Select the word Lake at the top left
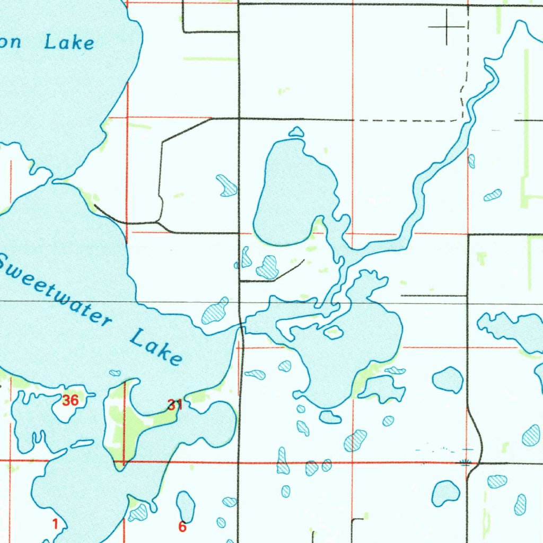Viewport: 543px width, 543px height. [x=69, y=43]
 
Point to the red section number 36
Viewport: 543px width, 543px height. [x=70, y=401]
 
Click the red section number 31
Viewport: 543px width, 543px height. [x=175, y=406]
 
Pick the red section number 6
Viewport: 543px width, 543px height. [x=182, y=527]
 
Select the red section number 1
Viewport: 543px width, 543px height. [x=55, y=524]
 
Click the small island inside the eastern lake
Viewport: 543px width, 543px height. [x=333, y=332]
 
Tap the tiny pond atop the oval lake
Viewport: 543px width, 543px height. [x=296, y=132]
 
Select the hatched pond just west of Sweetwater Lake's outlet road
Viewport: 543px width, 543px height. [x=215, y=312]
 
